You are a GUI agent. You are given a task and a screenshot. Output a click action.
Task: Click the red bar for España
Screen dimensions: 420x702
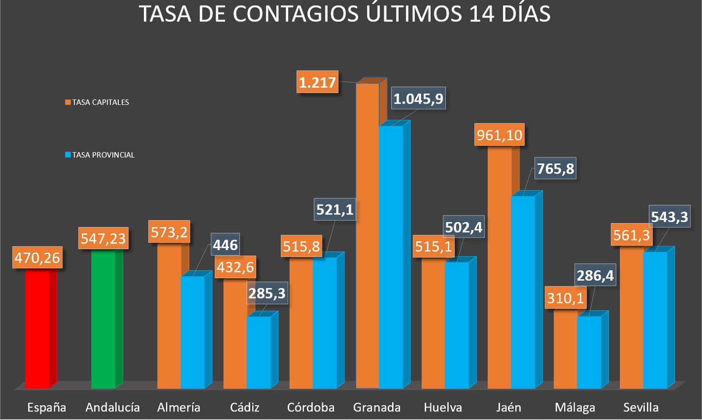tap(38, 328)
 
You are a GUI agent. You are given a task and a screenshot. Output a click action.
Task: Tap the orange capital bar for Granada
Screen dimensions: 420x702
tap(367, 236)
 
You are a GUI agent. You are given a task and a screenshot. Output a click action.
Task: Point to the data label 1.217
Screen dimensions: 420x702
tap(317, 82)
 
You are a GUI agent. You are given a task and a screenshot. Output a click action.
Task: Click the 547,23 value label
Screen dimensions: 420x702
tap(104, 239)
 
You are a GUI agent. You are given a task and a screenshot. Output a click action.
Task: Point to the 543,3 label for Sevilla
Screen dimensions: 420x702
tap(669, 217)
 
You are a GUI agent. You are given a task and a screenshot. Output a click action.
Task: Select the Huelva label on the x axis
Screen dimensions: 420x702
tap(442, 407)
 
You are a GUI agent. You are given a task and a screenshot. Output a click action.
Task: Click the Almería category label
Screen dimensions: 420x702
tap(179, 407)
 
